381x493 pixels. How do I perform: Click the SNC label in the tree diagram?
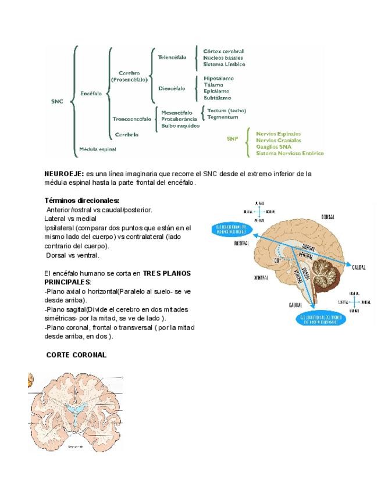pyautogui.click(x=56, y=101)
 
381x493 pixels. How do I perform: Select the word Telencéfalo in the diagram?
pyautogui.click(x=172, y=57)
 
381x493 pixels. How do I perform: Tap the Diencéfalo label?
pyautogui.click(x=172, y=88)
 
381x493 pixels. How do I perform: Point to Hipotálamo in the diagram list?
pyautogui.click(x=219, y=78)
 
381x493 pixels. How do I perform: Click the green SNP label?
pyautogui.click(x=233, y=138)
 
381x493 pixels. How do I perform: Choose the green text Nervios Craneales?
pyautogui.click(x=279, y=140)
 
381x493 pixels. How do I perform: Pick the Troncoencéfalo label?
pyautogui.click(x=131, y=119)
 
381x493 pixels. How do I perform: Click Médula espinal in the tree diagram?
pyautogui.click(x=98, y=149)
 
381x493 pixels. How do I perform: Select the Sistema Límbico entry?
pyautogui.click(x=224, y=64)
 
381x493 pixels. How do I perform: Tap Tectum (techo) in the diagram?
pyautogui.click(x=227, y=110)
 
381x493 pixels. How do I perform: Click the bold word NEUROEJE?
pyautogui.click(x=64, y=173)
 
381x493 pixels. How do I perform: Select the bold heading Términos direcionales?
pyautogui.click(x=81, y=201)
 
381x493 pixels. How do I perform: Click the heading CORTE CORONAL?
pyautogui.click(x=76, y=355)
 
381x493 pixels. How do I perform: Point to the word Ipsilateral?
pyautogui.click(x=60, y=228)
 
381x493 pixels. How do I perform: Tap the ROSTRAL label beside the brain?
pyautogui.click(x=226, y=244)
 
